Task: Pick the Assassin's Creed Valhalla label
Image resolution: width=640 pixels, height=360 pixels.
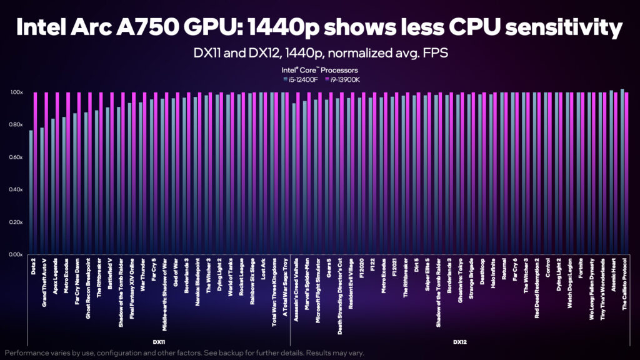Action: coord(296,286)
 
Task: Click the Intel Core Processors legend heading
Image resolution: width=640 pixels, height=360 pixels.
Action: coord(319,70)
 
